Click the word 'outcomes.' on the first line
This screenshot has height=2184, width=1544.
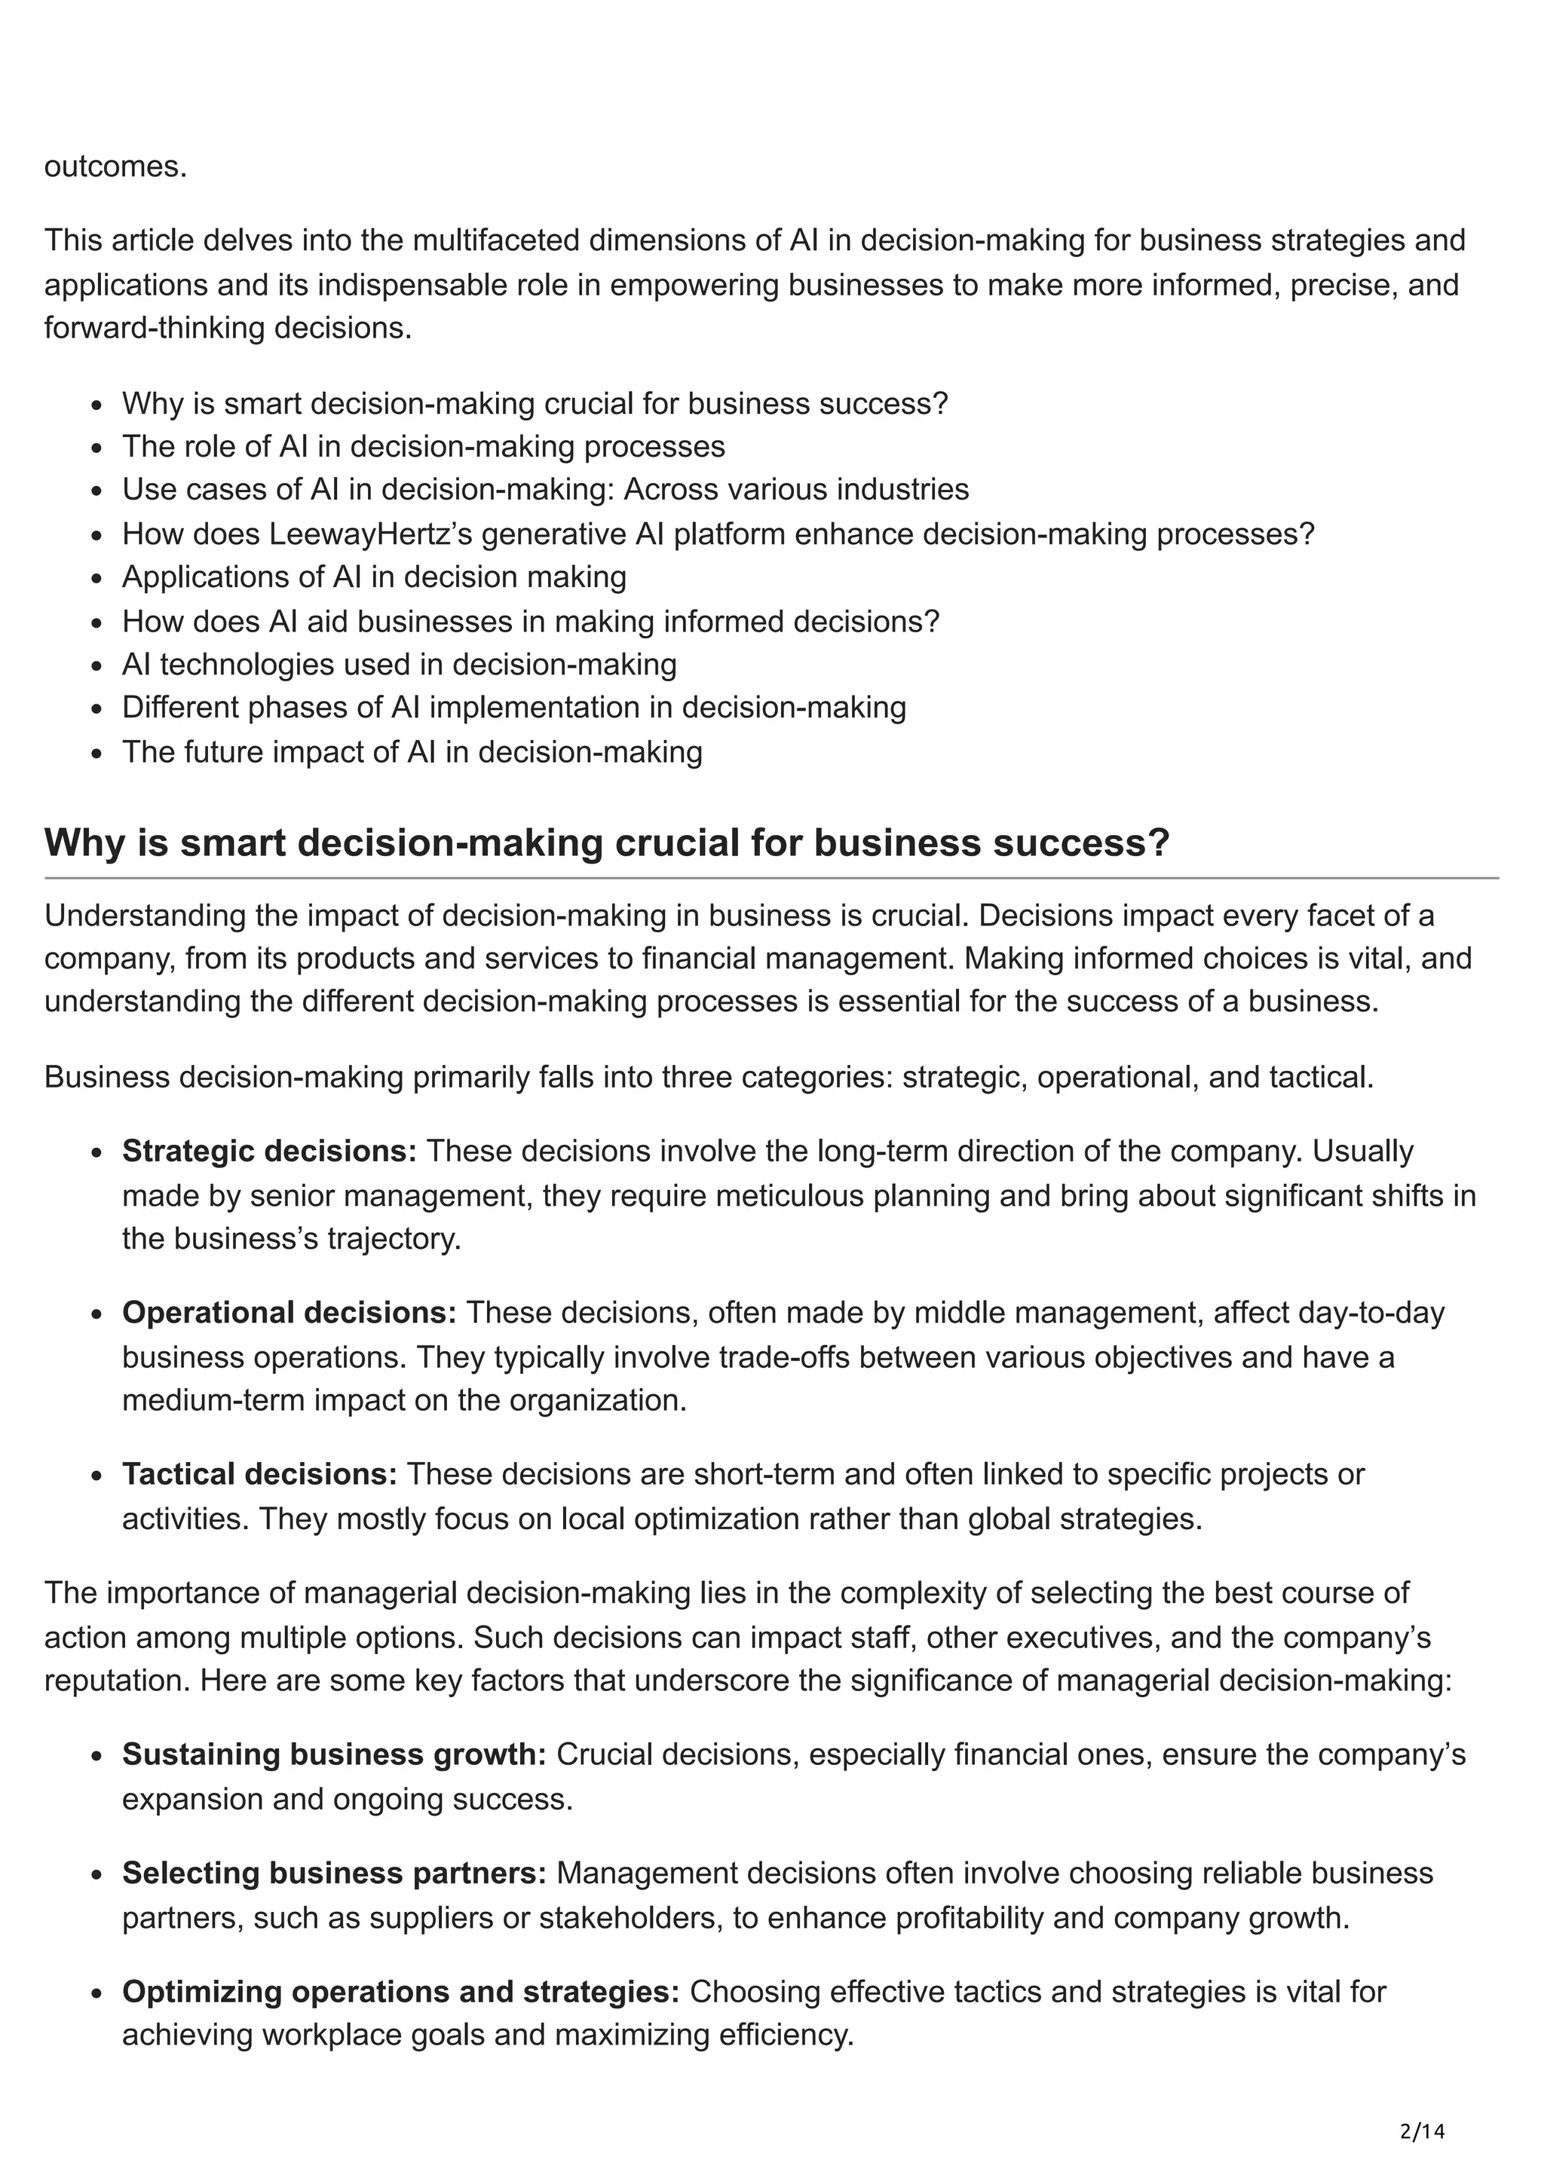coord(116,167)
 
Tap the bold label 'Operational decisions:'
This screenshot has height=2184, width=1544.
coord(289,1313)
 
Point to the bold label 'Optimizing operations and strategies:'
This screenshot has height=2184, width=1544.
coord(400,1992)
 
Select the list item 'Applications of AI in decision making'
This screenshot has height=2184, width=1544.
coord(374,577)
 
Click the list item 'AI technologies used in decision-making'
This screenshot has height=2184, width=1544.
coord(399,664)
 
